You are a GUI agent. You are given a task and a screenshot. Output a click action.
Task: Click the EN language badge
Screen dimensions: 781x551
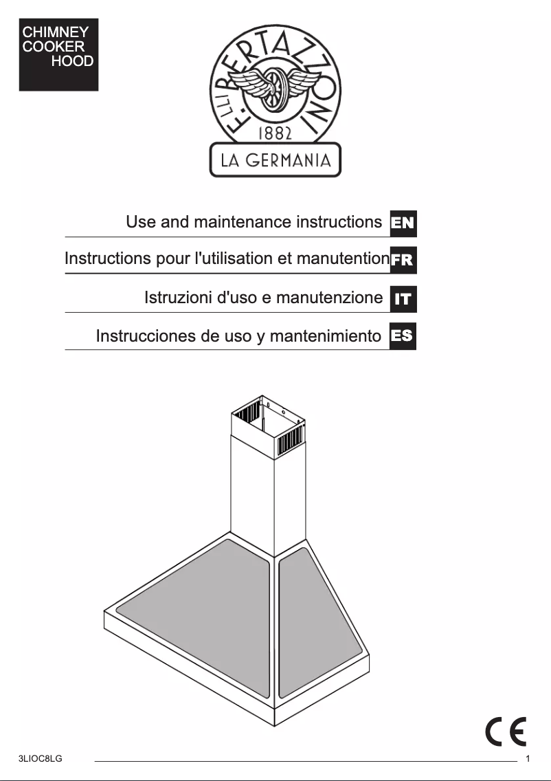pyautogui.click(x=403, y=223)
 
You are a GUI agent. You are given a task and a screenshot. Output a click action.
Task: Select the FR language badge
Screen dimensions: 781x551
pyautogui.click(x=403, y=261)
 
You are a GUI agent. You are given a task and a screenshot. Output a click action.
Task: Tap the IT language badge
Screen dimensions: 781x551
pyautogui.click(x=403, y=298)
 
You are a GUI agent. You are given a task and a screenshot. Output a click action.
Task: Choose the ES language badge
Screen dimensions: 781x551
pyautogui.click(x=403, y=336)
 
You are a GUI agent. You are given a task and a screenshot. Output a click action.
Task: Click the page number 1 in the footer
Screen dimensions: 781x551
pyautogui.click(x=528, y=759)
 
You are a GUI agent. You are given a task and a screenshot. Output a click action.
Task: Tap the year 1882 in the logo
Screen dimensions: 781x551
pyautogui.click(x=275, y=133)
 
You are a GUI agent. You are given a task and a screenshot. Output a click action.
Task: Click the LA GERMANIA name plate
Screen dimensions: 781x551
pyautogui.click(x=275, y=161)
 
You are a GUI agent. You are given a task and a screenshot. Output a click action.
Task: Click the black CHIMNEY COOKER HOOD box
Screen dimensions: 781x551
pyautogui.click(x=58, y=55)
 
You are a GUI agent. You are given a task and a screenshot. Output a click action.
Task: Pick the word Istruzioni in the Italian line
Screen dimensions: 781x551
pyautogui.click(x=178, y=298)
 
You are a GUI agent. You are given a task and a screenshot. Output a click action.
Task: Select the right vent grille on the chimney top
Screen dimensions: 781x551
pyautogui.click(x=290, y=440)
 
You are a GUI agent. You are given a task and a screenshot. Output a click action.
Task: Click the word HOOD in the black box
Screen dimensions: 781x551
pyautogui.click(x=72, y=62)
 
